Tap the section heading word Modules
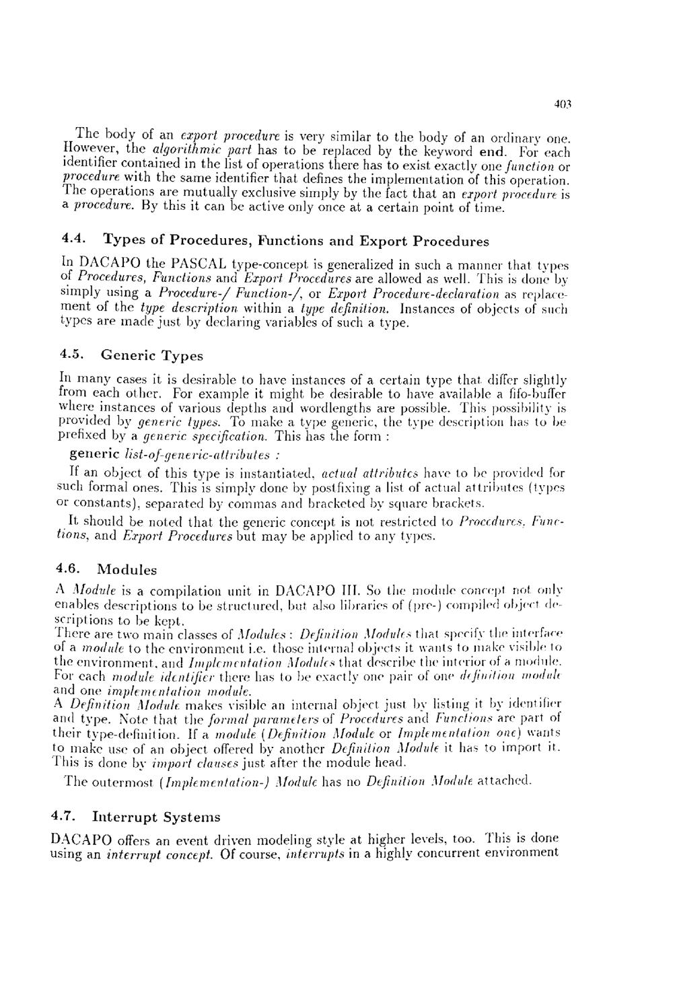(x=127, y=570)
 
